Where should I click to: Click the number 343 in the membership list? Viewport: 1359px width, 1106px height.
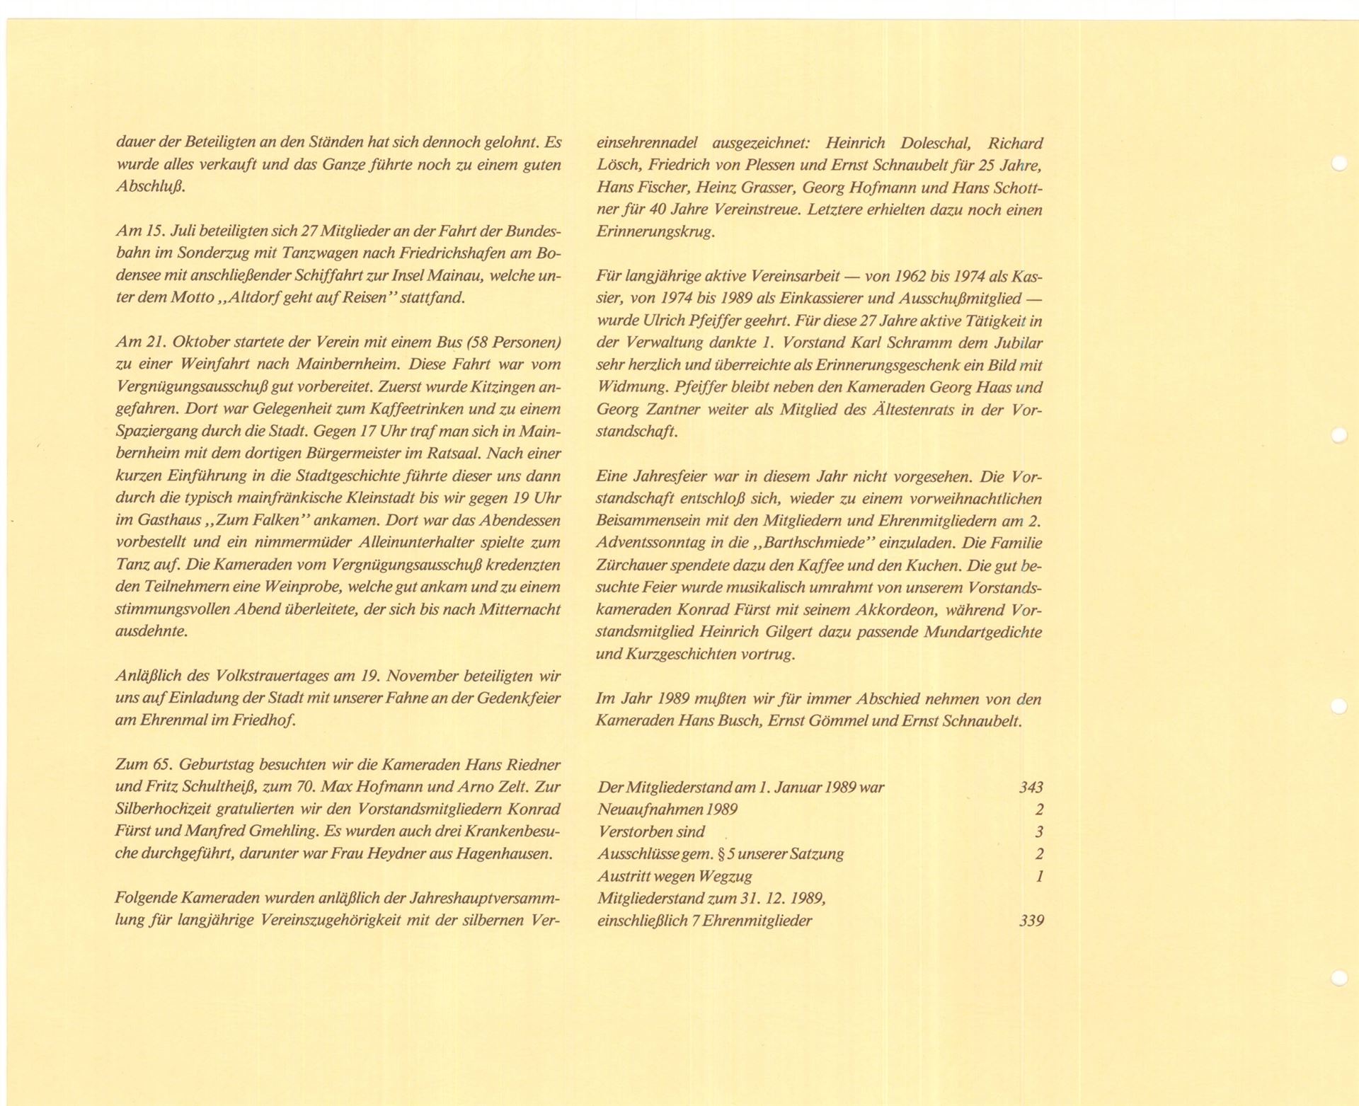click(x=1031, y=787)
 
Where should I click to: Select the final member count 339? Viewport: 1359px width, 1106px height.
click(x=1031, y=921)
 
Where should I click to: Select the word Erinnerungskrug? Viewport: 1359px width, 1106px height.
click(x=655, y=231)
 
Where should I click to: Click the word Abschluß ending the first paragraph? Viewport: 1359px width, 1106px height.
click(x=149, y=188)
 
